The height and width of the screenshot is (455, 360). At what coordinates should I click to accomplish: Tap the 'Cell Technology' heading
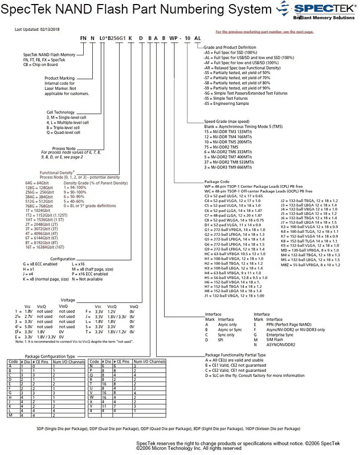pos(60,112)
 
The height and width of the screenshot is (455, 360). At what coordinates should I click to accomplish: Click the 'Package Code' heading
pos(217,182)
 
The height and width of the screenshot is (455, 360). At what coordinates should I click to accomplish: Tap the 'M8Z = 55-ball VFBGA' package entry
pos(317,265)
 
